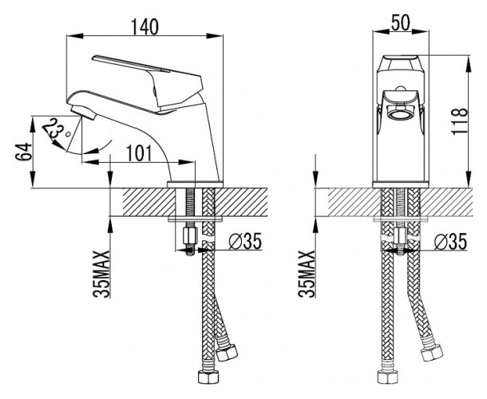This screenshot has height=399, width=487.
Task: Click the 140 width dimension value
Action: coord(145,25)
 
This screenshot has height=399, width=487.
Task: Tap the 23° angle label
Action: coord(55,132)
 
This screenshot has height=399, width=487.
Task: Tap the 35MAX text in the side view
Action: coord(101,273)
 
